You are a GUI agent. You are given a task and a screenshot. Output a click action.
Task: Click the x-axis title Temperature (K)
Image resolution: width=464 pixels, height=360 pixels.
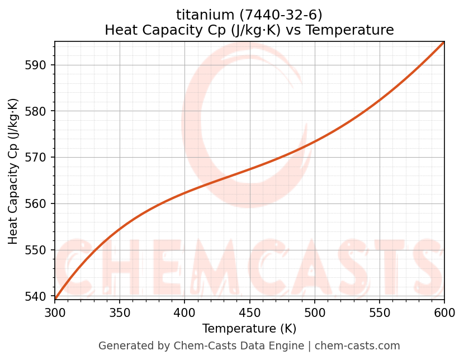click(249, 329)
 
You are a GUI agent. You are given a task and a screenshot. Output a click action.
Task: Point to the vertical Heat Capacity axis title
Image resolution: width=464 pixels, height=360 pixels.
click(13, 171)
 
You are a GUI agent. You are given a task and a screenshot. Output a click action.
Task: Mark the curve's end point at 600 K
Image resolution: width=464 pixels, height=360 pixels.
click(444, 42)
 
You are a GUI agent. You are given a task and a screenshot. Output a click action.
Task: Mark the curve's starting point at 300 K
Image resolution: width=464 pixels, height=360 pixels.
click(55, 299)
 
